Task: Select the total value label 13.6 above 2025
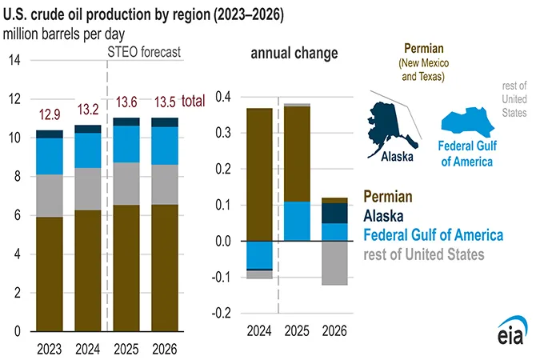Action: click(126, 102)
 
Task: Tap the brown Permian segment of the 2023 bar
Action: click(50, 273)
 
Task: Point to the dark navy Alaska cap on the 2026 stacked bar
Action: click(164, 122)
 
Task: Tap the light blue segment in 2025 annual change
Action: click(298, 221)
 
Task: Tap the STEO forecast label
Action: click(144, 53)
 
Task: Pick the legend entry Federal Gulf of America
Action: click(433, 235)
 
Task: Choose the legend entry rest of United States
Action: click(424, 254)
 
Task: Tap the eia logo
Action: click(511, 334)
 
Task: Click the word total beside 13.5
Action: click(194, 101)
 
